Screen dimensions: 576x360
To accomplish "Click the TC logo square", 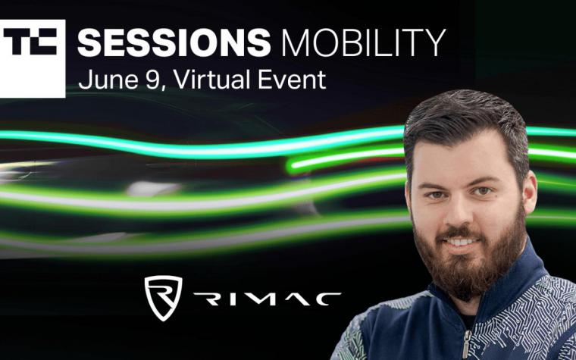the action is pyautogui.click(x=33, y=59).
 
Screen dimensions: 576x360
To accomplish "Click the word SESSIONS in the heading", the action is pyautogui.click(x=174, y=42).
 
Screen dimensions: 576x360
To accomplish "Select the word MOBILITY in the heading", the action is pyautogui.click(x=363, y=42).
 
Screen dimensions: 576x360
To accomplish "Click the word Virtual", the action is pyautogui.click(x=212, y=80).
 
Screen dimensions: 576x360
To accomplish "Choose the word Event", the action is pyautogui.click(x=291, y=80).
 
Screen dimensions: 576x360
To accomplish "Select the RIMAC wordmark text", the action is pyautogui.click(x=267, y=299).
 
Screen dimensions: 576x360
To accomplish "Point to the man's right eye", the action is pyautogui.click(x=436, y=195).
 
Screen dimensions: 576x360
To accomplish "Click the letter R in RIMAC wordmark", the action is pyautogui.click(x=207, y=299).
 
